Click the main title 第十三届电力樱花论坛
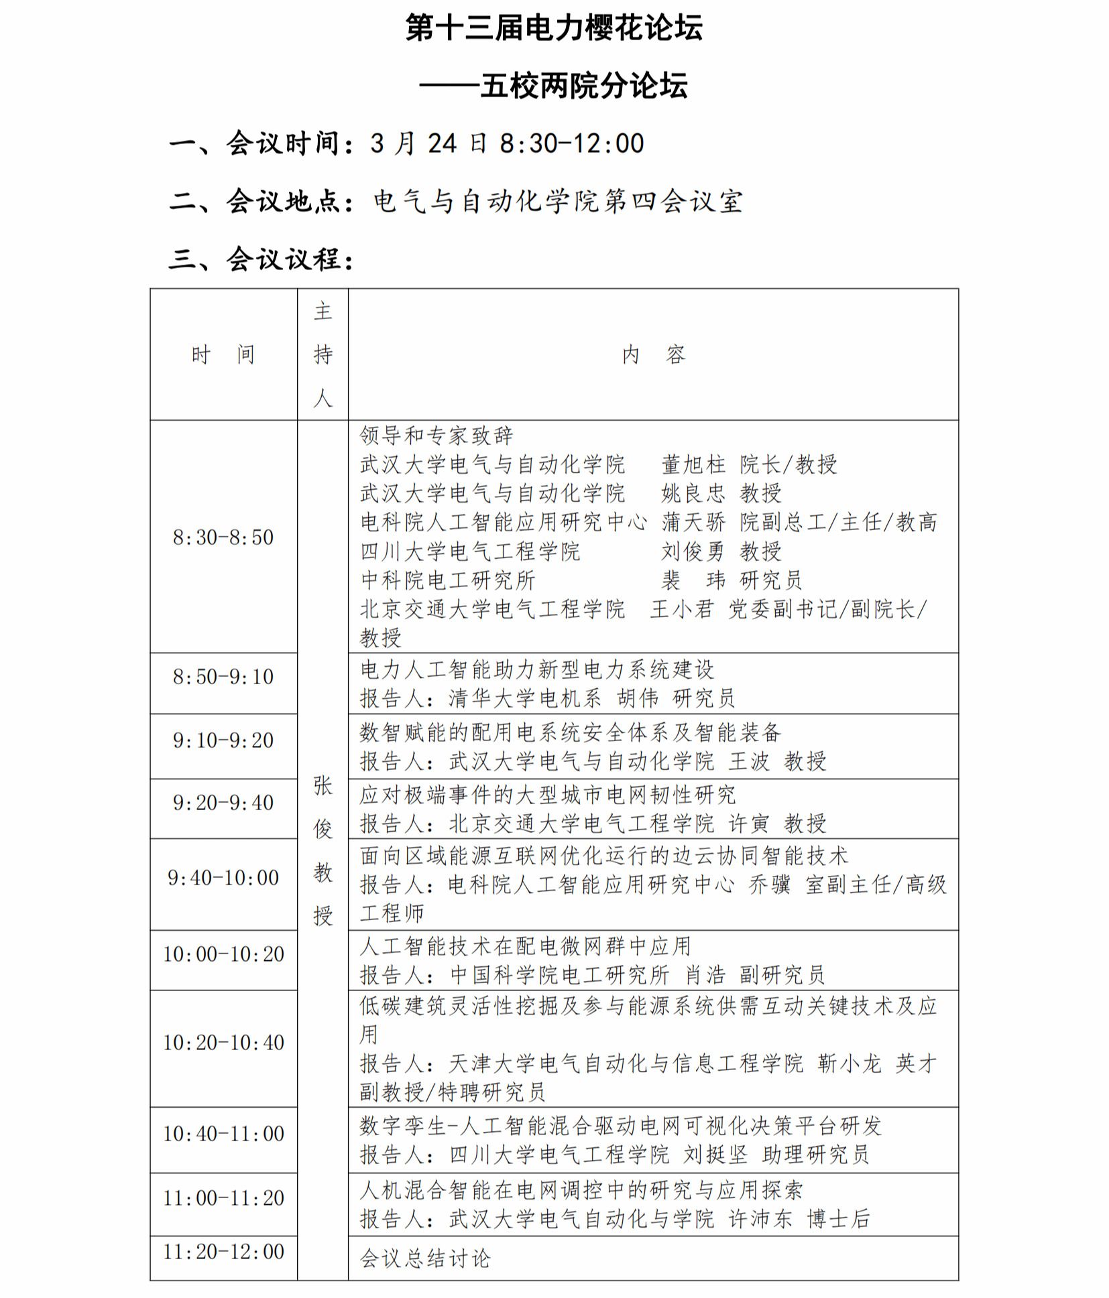pos(554,28)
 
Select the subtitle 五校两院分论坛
pos(583,86)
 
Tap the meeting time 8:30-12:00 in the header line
pos(572,143)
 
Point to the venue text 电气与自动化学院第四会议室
pos(558,201)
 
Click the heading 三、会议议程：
pos(261,259)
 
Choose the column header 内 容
pos(653,354)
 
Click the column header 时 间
pos(223,354)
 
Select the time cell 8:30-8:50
pos(223,537)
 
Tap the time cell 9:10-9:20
pos(223,740)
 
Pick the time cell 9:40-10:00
pos(223,877)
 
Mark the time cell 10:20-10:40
pos(223,1042)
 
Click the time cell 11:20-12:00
pos(223,1251)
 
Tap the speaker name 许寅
pos(749,823)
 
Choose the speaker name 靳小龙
pos(849,1063)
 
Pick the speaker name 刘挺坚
pos(715,1154)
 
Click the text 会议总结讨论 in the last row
pos(425,1258)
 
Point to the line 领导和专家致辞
pos(436,435)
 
